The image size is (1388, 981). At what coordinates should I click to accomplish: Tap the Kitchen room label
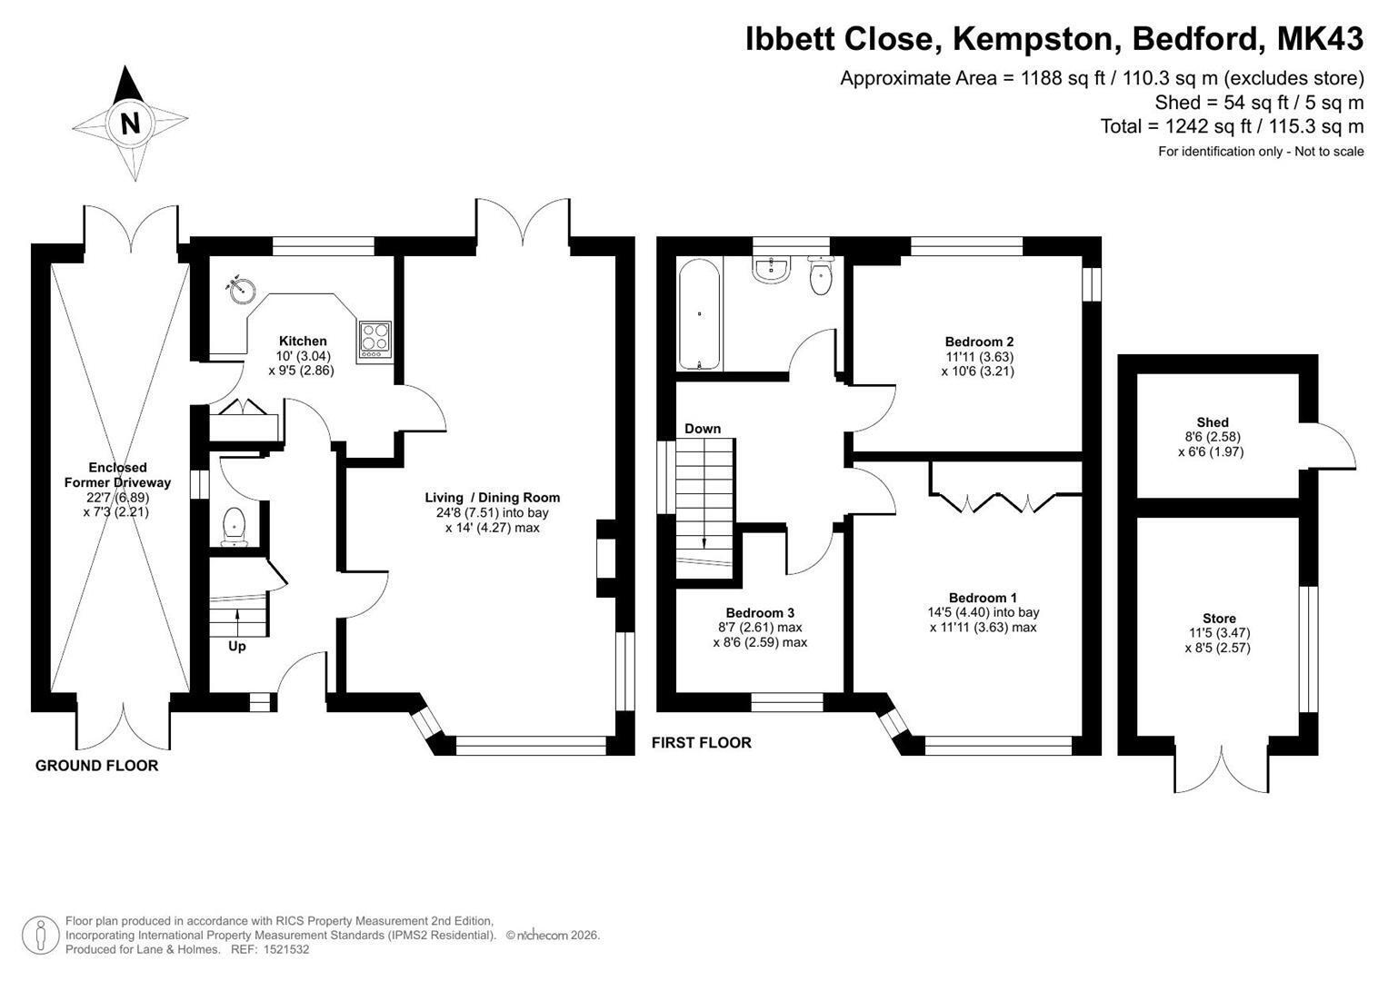[x=303, y=341]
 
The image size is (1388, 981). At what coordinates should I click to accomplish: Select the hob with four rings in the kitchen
[x=374, y=341]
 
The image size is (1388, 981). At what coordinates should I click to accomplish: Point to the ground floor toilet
[x=235, y=527]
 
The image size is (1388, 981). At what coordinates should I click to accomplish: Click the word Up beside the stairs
[x=236, y=647]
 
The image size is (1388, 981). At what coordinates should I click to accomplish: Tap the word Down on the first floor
[x=703, y=429]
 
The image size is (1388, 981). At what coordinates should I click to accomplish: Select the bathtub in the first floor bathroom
[x=700, y=315]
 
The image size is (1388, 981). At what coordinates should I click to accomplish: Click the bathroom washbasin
[x=770, y=270]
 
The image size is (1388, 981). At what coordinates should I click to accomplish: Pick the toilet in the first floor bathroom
[x=822, y=275]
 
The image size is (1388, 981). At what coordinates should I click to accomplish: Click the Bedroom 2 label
[x=979, y=342]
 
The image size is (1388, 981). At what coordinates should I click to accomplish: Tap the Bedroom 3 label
[x=760, y=612]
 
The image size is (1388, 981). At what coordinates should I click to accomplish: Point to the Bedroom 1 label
[x=983, y=598]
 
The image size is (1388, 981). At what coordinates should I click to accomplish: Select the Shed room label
[x=1213, y=422]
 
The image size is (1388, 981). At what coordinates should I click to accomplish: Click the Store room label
[x=1219, y=618]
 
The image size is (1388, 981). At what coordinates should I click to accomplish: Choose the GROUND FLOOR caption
[x=96, y=766]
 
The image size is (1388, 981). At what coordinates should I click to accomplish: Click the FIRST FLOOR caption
[x=702, y=743]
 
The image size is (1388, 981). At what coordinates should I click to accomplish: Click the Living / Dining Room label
[x=493, y=498]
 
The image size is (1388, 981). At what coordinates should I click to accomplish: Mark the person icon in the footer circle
[x=41, y=936]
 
